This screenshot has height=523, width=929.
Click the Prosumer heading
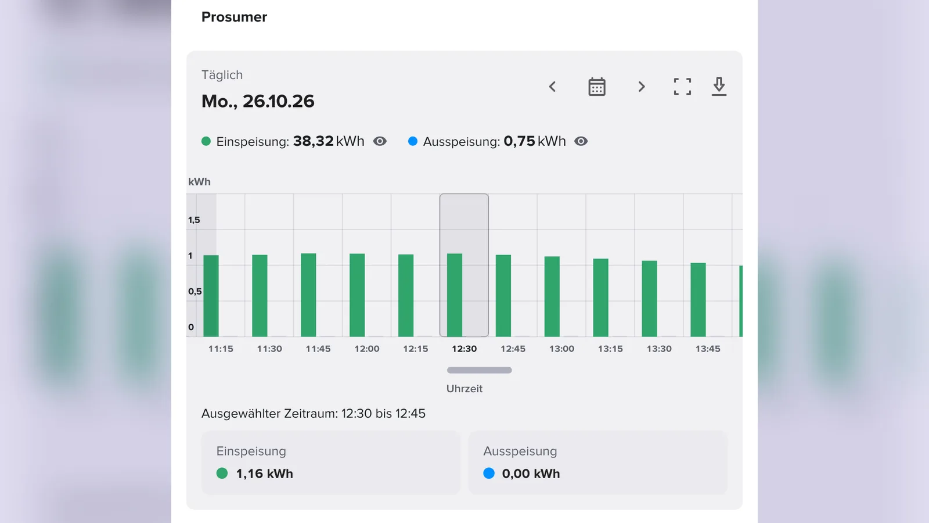[x=234, y=17]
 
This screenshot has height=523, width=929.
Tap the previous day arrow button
[x=552, y=87]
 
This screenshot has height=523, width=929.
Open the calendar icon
[x=597, y=87]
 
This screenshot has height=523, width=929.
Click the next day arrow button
[x=642, y=87]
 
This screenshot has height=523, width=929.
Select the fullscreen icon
[x=682, y=87]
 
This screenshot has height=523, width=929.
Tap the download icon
[x=719, y=87]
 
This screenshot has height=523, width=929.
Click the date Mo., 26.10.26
[x=258, y=101]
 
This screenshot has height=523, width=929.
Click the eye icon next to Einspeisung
[x=380, y=141]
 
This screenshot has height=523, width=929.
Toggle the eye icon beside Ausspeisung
[x=581, y=141]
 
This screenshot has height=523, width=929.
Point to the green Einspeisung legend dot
[x=206, y=141]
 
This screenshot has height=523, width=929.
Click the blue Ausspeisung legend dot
[x=413, y=141]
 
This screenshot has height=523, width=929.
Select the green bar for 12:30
[x=455, y=295]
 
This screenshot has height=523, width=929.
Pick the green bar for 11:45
[x=308, y=295]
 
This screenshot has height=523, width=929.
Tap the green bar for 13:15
[x=600, y=298]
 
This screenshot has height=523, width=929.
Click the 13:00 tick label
[x=561, y=349]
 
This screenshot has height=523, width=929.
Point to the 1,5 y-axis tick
[x=194, y=220]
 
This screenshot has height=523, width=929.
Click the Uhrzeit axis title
[x=464, y=389]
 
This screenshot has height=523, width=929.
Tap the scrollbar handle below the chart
[x=480, y=370]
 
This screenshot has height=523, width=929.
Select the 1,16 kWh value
[x=265, y=474]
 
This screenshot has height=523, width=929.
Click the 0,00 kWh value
[x=531, y=474]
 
